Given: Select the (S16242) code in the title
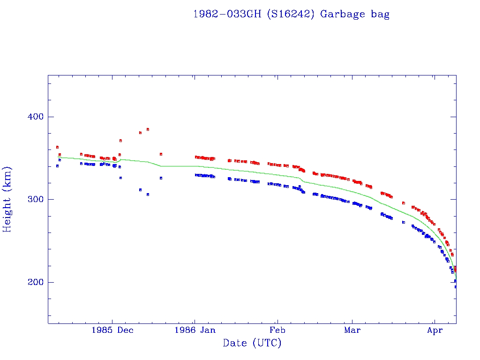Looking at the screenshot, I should [291, 14].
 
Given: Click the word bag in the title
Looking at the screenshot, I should [380, 14].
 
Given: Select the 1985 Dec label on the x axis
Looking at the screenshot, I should [112, 330].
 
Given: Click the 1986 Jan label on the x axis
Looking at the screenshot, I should [195, 330].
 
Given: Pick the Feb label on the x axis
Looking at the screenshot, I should [277, 330].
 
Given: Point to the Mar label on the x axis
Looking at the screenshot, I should [352, 330].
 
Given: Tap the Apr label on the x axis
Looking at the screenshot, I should [435, 330].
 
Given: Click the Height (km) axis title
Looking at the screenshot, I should [7, 199].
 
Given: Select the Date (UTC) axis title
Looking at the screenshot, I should [252, 344].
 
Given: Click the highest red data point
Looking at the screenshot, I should [148, 129].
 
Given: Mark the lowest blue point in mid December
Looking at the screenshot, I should [148, 194].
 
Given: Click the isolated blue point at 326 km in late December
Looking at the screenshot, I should [161, 178].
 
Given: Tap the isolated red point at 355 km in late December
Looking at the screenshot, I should [161, 154].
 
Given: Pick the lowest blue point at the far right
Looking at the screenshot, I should [456, 286].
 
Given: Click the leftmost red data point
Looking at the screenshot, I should [57, 147].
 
